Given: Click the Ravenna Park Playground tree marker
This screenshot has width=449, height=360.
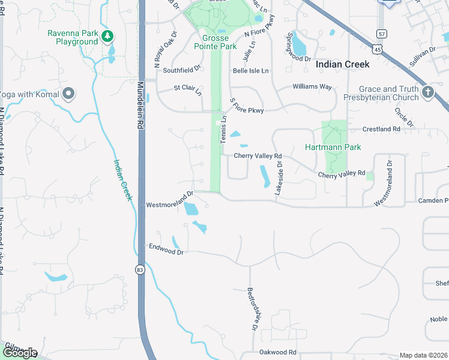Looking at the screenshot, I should (x=107, y=37).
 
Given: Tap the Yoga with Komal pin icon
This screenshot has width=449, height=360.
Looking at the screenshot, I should (x=68, y=94).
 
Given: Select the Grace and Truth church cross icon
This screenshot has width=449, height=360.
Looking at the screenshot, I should (x=427, y=92).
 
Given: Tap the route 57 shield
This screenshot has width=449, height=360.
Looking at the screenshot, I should (x=381, y=33).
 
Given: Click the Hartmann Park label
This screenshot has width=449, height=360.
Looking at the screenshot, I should (x=333, y=147).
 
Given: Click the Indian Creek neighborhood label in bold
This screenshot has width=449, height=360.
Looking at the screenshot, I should (x=342, y=64).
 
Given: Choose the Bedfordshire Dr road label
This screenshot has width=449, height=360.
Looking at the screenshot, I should (x=253, y=308).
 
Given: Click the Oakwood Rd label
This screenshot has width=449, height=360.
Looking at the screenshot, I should (x=278, y=352).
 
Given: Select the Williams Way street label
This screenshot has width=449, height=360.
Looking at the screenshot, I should (x=312, y=87).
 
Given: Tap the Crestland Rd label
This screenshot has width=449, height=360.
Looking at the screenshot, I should (x=381, y=129).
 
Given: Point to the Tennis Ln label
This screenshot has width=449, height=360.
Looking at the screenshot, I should (x=223, y=128).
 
